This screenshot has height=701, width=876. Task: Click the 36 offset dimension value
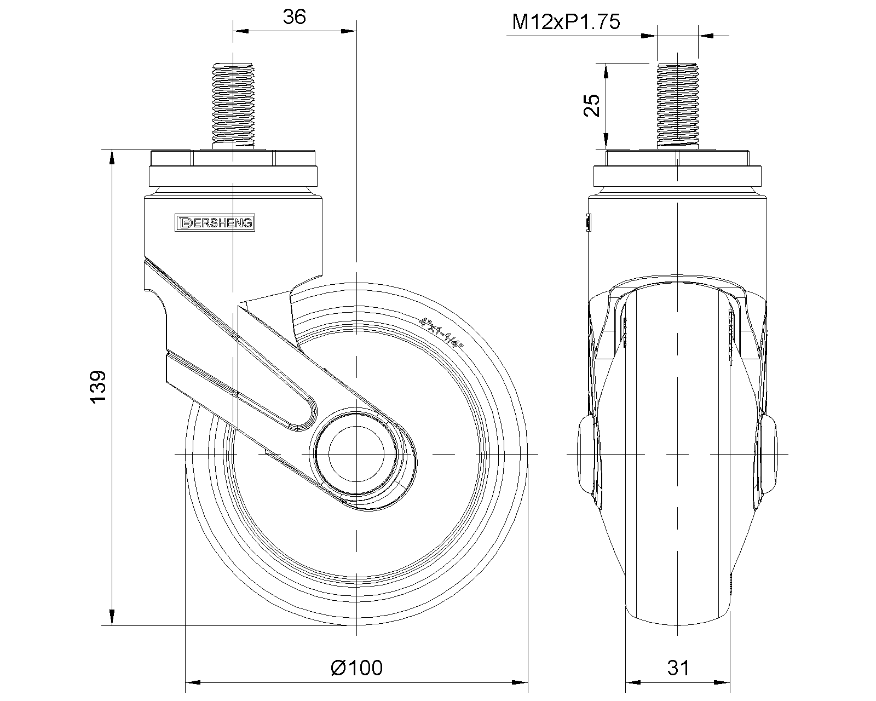[x=295, y=17]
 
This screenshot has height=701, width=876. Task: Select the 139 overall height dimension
[x=97, y=387]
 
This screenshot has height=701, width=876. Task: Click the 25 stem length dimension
[x=592, y=106]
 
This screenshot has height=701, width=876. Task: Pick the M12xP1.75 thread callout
[x=566, y=22]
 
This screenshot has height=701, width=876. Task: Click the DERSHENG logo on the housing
[x=215, y=222]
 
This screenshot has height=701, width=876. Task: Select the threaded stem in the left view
[x=233, y=106]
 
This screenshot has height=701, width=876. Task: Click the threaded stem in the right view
[x=678, y=106]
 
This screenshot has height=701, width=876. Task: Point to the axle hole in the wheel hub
[x=356, y=454]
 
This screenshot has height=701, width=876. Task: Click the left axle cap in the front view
[x=586, y=455]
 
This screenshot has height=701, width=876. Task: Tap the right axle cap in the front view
[x=769, y=455]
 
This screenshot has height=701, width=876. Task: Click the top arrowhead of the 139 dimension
[x=112, y=157]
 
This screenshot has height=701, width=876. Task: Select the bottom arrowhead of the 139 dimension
[x=112, y=618]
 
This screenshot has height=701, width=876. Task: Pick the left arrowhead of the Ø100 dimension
[x=193, y=682]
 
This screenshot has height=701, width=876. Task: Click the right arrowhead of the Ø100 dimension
[x=520, y=682]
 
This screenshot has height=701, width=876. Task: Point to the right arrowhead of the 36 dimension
[x=348, y=31]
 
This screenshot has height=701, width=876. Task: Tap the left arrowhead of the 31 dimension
[x=633, y=682]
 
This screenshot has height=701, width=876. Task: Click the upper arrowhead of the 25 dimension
[x=606, y=71]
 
